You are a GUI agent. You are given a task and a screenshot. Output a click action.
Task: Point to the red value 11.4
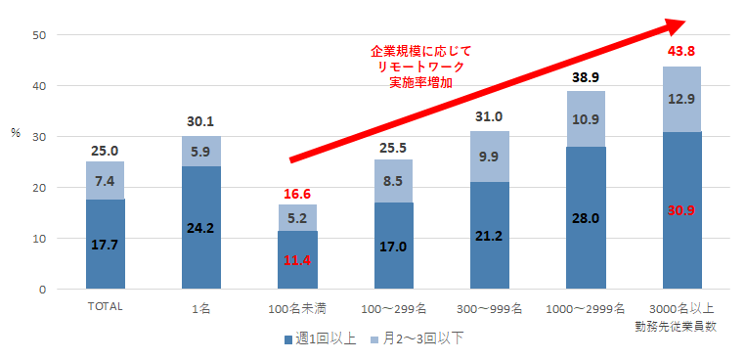(x=296, y=260)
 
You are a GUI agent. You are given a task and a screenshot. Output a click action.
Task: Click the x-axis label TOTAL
(x=105, y=307)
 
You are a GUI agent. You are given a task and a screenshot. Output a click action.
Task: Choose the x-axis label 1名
(x=200, y=308)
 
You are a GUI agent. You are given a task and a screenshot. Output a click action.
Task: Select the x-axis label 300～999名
(x=489, y=308)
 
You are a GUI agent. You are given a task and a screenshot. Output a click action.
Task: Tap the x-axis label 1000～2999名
(x=585, y=308)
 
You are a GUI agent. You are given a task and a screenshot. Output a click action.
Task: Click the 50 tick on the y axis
(x=38, y=35)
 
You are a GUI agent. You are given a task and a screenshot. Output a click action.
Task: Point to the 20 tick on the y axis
(x=38, y=188)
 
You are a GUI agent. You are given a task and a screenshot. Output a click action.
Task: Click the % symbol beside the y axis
(x=15, y=132)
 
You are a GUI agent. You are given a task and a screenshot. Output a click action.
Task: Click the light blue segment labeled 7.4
(x=105, y=181)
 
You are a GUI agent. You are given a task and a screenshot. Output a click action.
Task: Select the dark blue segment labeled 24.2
(x=200, y=228)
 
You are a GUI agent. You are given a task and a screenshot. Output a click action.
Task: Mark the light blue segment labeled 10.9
(x=585, y=118)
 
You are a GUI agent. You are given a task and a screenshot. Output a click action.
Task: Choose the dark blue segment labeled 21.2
(x=489, y=236)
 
